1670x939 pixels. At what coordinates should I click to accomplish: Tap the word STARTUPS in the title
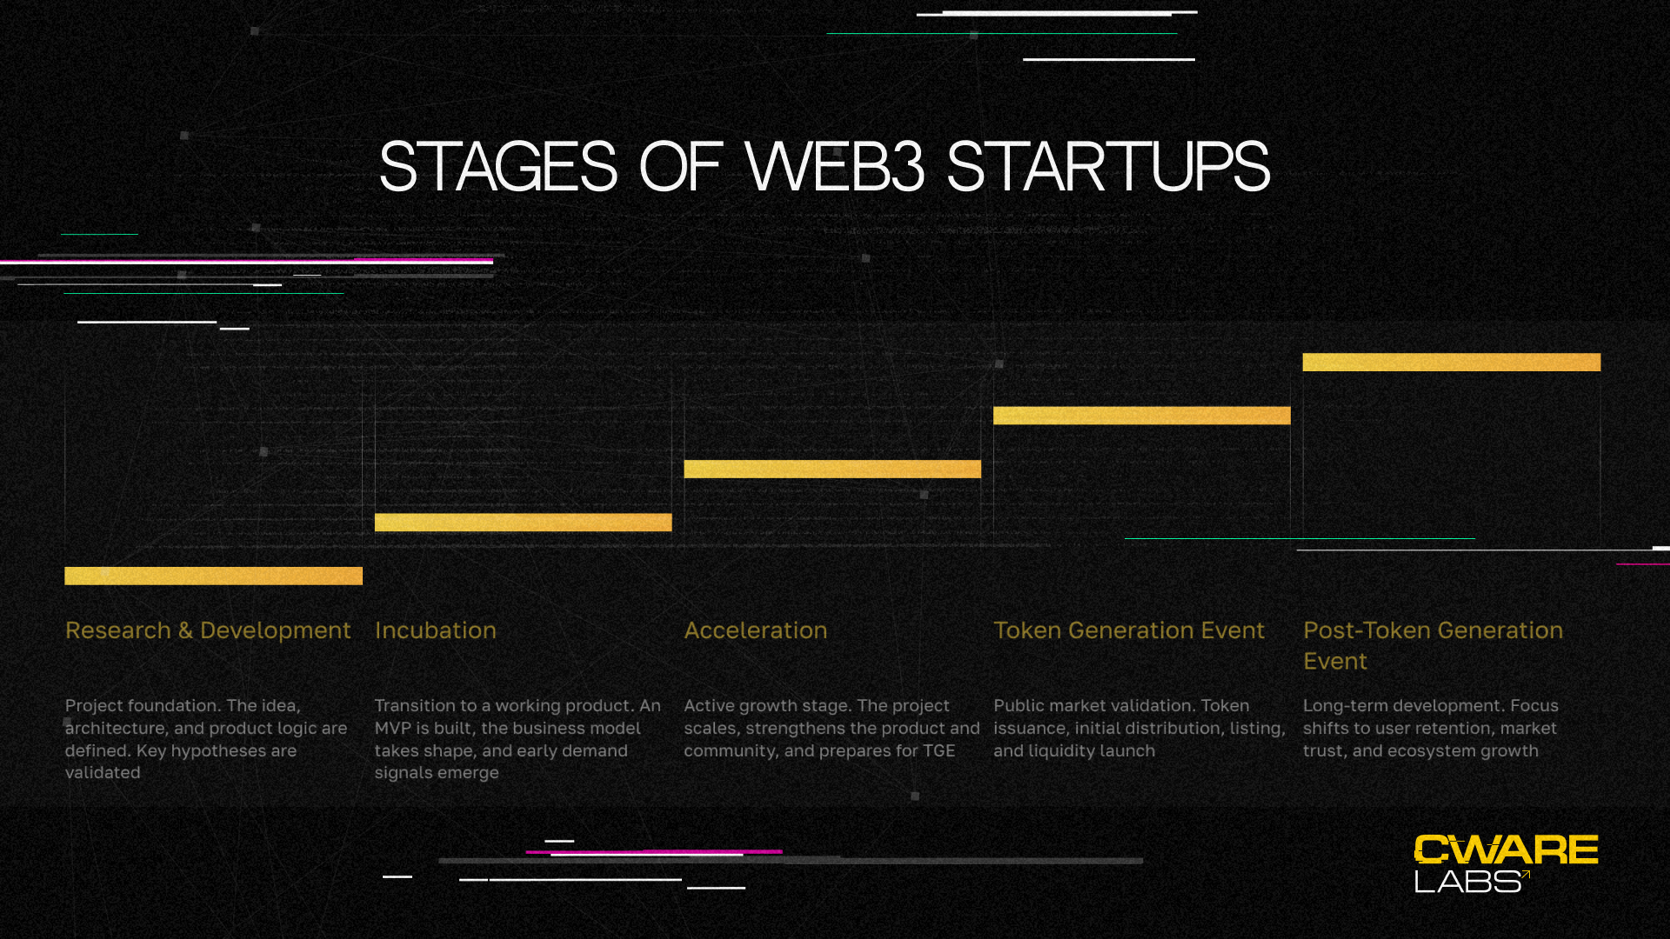(x=1108, y=166)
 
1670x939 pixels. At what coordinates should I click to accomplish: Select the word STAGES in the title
(x=498, y=166)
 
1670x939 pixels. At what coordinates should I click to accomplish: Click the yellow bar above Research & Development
(x=213, y=576)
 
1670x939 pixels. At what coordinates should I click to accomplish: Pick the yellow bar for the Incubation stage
(x=523, y=522)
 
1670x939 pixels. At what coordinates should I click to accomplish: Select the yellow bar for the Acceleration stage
(x=832, y=469)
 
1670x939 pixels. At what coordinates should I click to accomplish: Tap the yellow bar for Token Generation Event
(x=1142, y=416)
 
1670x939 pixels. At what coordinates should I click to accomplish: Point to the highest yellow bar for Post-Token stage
(x=1452, y=362)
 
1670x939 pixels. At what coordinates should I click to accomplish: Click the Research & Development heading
(x=208, y=630)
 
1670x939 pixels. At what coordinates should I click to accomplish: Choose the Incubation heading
(x=435, y=630)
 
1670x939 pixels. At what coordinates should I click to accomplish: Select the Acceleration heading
(x=755, y=630)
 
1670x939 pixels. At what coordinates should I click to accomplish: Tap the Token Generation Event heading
(x=1129, y=630)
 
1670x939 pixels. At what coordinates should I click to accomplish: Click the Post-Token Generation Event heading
(x=1433, y=646)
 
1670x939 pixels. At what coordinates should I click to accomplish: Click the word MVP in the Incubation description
(x=392, y=728)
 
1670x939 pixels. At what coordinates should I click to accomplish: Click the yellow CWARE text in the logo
(x=1506, y=849)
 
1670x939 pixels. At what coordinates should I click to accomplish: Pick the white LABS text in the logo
(x=1467, y=882)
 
